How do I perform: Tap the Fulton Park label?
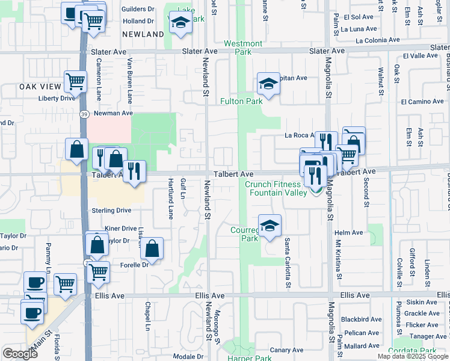tap(241, 101)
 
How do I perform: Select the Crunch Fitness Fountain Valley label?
tap(275, 188)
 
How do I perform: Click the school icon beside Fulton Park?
tap(268, 84)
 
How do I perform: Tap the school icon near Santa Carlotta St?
tap(270, 226)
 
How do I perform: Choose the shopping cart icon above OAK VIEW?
tap(76, 81)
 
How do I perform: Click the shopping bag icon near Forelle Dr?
tap(153, 248)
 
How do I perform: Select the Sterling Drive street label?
tap(111, 211)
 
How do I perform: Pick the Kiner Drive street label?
tap(121, 229)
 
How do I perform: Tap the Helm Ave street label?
tap(350, 233)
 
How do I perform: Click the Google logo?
tap(20, 354)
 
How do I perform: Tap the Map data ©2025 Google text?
tap(413, 356)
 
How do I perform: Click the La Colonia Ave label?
tap(377, 40)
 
